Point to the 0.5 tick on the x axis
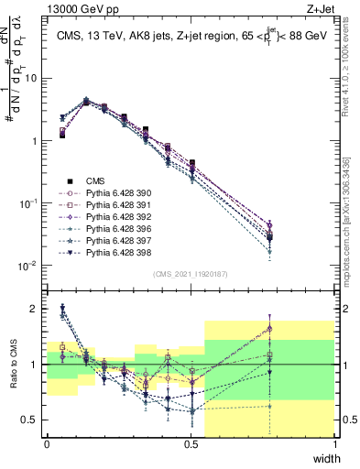191,444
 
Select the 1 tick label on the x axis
335,444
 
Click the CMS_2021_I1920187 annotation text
191,275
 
